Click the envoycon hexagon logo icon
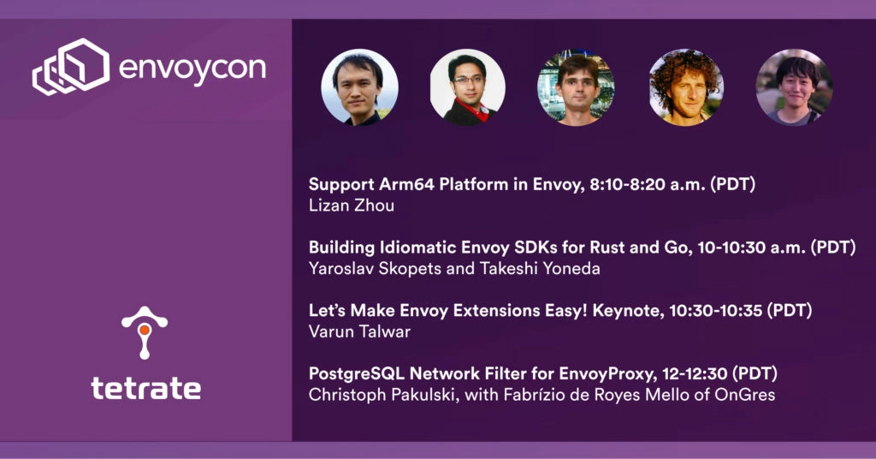[x=71, y=66]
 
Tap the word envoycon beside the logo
[x=192, y=69]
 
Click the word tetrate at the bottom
[x=145, y=388]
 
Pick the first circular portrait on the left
[x=360, y=86]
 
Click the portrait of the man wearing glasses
[x=468, y=86]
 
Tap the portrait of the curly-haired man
[x=685, y=86]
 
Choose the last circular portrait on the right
[x=794, y=86]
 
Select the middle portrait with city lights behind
[x=576, y=86]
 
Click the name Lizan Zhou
[x=352, y=206]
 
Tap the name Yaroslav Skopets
[x=375, y=269]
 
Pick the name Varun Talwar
[x=360, y=331]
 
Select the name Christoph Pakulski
[x=384, y=395]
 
